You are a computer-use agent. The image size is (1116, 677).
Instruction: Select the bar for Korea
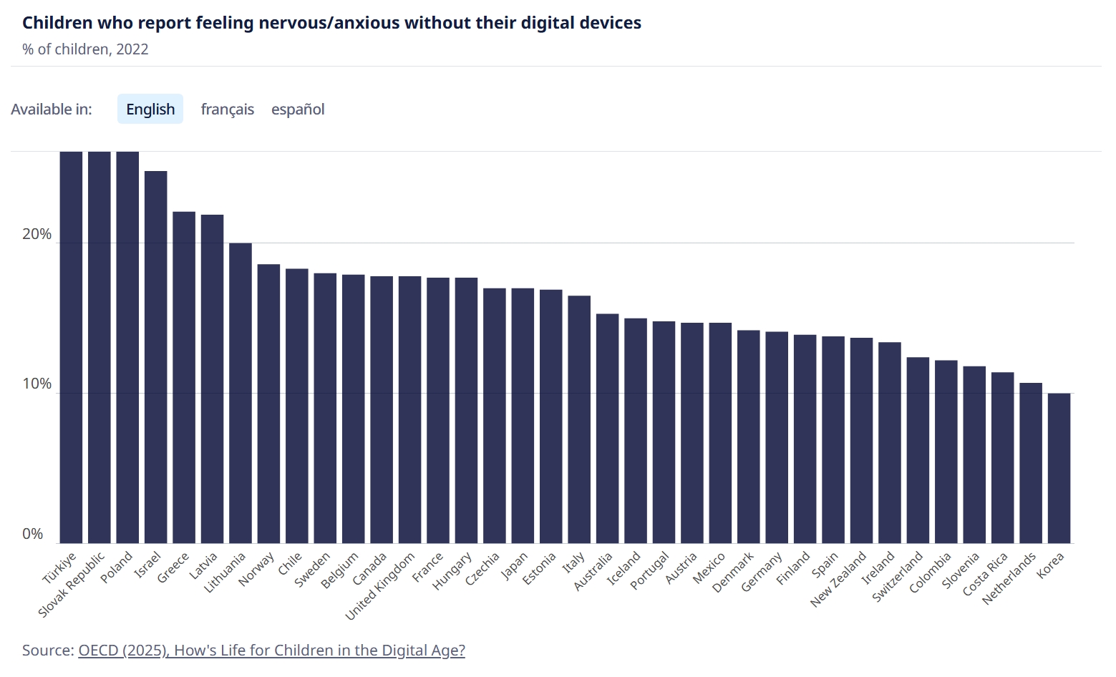pos(1059,468)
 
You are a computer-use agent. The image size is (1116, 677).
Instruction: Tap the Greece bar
pos(184,377)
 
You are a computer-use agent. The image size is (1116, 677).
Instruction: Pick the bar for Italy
pos(579,419)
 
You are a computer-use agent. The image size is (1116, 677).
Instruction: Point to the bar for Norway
pos(268,404)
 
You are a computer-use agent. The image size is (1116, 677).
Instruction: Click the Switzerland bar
pos(918,450)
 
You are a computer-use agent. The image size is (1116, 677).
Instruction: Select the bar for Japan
pos(523,416)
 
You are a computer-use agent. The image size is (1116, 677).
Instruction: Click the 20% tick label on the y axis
pos(37,235)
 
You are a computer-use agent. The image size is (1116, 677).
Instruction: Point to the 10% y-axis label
pos(37,384)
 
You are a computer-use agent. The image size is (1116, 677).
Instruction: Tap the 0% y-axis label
pos(33,534)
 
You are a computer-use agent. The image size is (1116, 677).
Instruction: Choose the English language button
pos(150,109)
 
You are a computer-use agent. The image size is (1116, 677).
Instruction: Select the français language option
pos(228,109)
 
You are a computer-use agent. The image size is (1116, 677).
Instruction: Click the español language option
pos(298,109)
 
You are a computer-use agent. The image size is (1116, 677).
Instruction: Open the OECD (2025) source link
pos(271,651)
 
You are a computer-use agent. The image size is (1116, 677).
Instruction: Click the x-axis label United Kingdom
pos(381,585)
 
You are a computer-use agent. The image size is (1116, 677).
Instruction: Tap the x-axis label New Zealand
pos(839,579)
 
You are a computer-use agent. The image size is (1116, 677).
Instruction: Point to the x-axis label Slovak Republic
pos(72,584)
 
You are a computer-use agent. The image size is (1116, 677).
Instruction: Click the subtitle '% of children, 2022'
pos(85,49)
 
